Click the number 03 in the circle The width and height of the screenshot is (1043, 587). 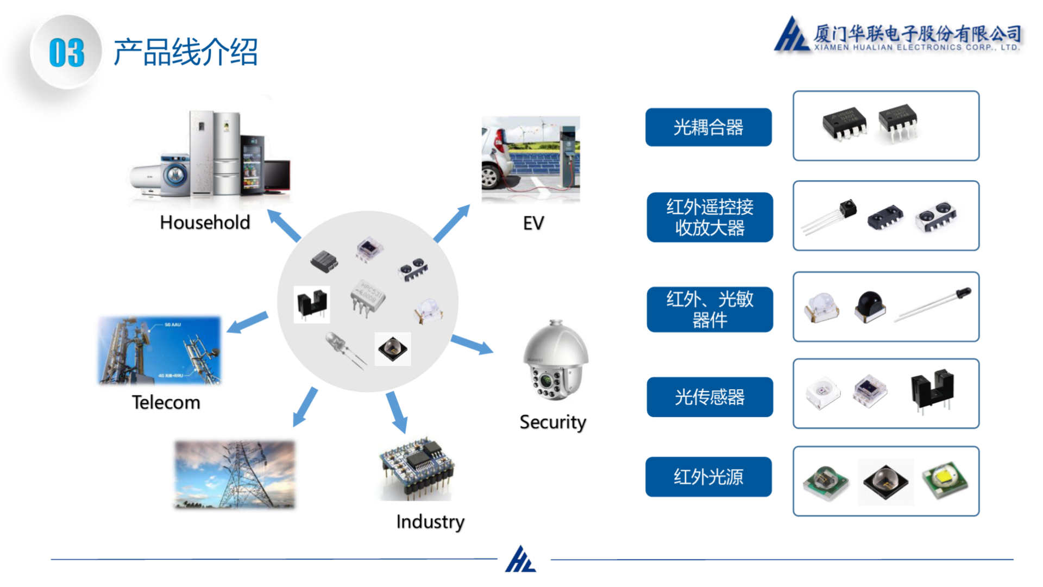pos(66,53)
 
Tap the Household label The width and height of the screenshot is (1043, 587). pos(205,222)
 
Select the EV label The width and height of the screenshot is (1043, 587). pos(533,223)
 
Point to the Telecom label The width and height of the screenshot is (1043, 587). pos(166,402)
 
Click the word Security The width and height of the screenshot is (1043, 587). pos(552,422)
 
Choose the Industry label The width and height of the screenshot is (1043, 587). pos(430,522)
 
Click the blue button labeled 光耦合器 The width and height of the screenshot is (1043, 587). pos(708,127)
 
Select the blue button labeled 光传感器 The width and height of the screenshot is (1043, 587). pos(709,397)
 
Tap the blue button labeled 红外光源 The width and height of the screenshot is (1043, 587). pos(708,477)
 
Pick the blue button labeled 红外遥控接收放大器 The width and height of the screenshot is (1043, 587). pos(709,217)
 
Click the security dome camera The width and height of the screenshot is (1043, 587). pos(555,361)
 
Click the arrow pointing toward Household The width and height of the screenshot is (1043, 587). pos(284,225)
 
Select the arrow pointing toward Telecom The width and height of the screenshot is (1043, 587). pos(247,322)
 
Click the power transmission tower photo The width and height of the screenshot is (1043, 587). pos(235,474)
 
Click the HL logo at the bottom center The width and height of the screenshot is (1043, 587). pos(520,560)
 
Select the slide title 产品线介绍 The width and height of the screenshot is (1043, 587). pos(185,53)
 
